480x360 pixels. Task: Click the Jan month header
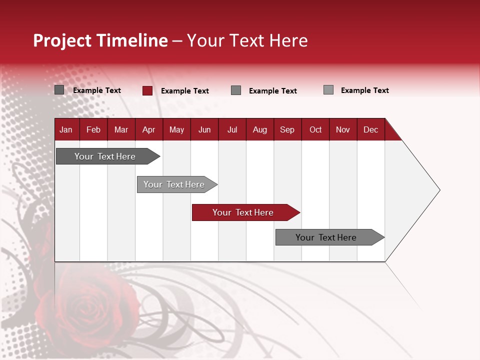click(x=66, y=129)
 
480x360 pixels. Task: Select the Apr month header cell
click(x=149, y=129)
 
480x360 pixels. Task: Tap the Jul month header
click(x=232, y=129)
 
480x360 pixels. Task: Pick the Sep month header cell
click(x=287, y=129)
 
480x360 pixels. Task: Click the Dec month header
click(x=370, y=129)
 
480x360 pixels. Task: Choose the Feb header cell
click(x=93, y=129)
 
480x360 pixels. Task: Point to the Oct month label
click(x=315, y=129)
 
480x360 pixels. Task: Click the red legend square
click(x=147, y=90)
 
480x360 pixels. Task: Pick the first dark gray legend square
click(x=59, y=90)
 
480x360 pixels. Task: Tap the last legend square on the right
click(x=328, y=90)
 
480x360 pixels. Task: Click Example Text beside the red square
click(x=184, y=91)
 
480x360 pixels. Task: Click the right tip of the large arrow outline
click(x=439, y=190)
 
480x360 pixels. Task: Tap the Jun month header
click(x=204, y=129)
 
